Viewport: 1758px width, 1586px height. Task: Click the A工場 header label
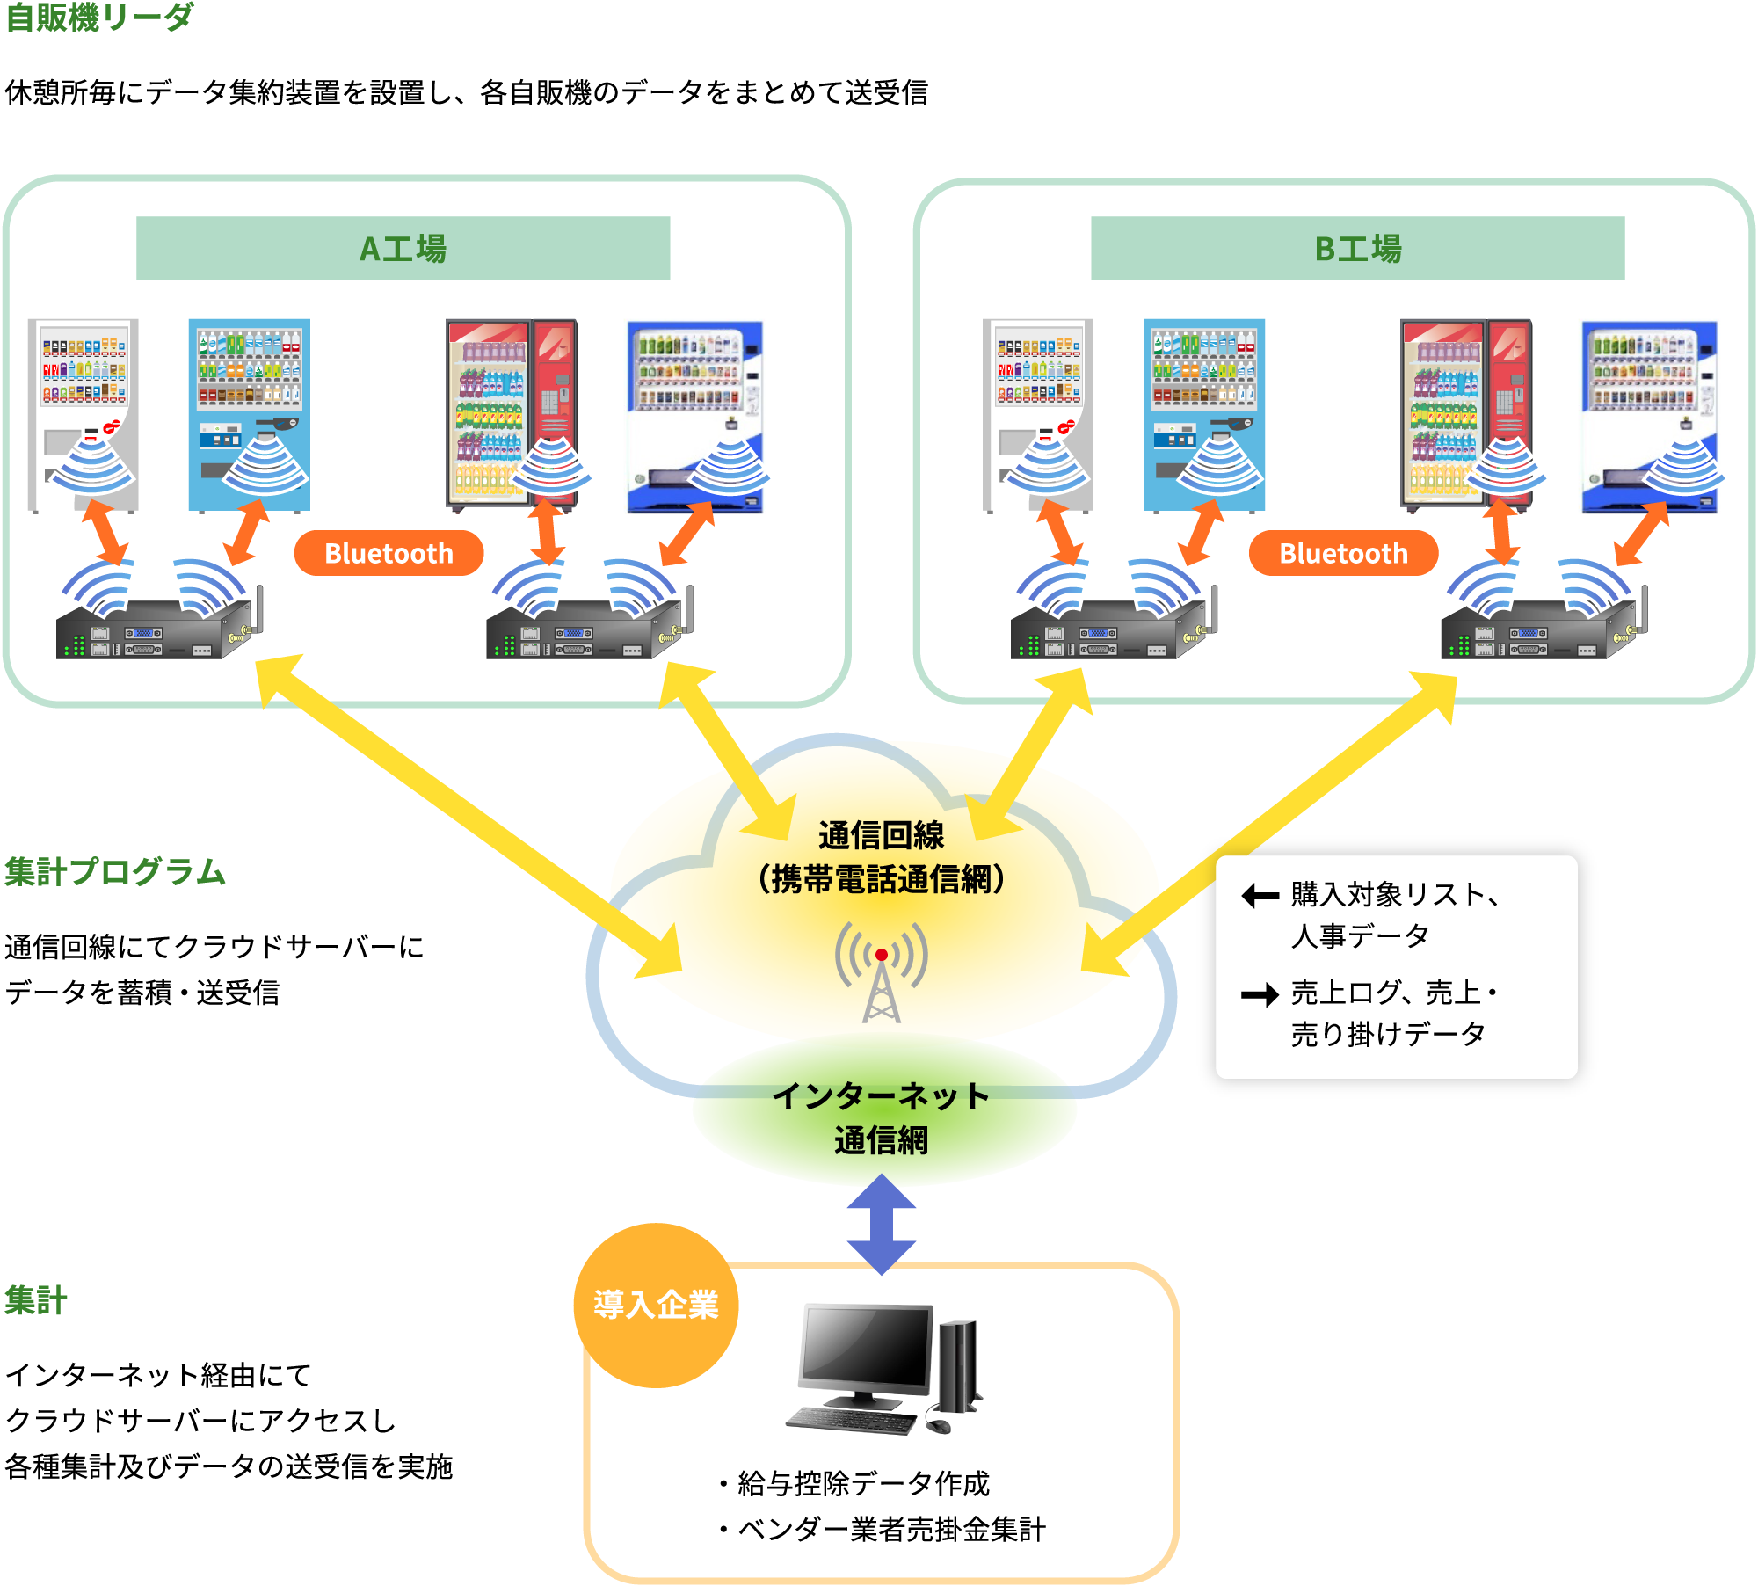pyautogui.click(x=403, y=249)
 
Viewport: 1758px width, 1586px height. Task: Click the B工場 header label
pyautogui.click(x=1357, y=249)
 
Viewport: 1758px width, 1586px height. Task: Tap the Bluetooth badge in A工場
pyautogui.click(x=389, y=553)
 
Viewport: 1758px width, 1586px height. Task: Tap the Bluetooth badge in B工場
pyautogui.click(x=1343, y=553)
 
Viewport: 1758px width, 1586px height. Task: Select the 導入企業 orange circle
pyautogui.click(x=656, y=1305)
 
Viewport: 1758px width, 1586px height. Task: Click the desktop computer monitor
pyautogui.click(x=866, y=1347)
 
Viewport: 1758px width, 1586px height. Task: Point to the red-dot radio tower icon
pyautogui.click(x=882, y=971)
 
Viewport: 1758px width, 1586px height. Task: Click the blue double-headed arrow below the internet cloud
pyautogui.click(x=882, y=1224)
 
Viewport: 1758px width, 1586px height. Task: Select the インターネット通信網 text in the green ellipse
pyautogui.click(x=882, y=1117)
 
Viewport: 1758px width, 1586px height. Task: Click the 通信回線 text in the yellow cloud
pyautogui.click(x=882, y=835)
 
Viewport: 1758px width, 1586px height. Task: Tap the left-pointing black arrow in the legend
pyautogui.click(x=1260, y=897)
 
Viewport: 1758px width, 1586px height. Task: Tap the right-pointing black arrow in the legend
pyautogui.click(x=1260, y=995)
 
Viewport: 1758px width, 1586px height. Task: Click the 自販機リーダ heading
pyautogui.click(x=98, y=17)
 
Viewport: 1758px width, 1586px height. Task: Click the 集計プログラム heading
pyautogui.click(x=115, y=871)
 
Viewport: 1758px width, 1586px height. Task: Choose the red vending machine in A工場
pyautogui.click(x=511, y=413)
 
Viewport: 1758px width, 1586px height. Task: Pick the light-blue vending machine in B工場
pyautogui.click(x=1204, y=413)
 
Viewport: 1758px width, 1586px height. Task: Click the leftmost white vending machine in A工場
pyautogui.click(x=83, y=413)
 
